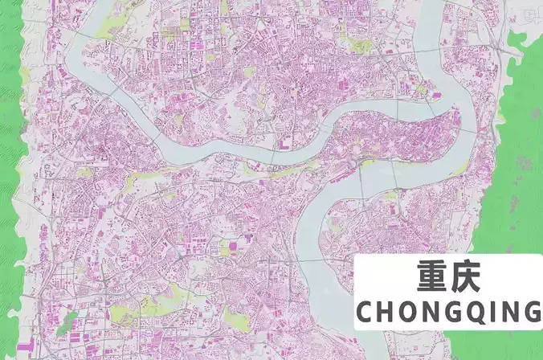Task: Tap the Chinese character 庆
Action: (x=464, y=277)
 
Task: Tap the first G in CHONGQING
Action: (x=455, y=311)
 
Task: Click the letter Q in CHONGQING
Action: (x=478, y=311)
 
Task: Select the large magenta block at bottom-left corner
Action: (x=24, y=350)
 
